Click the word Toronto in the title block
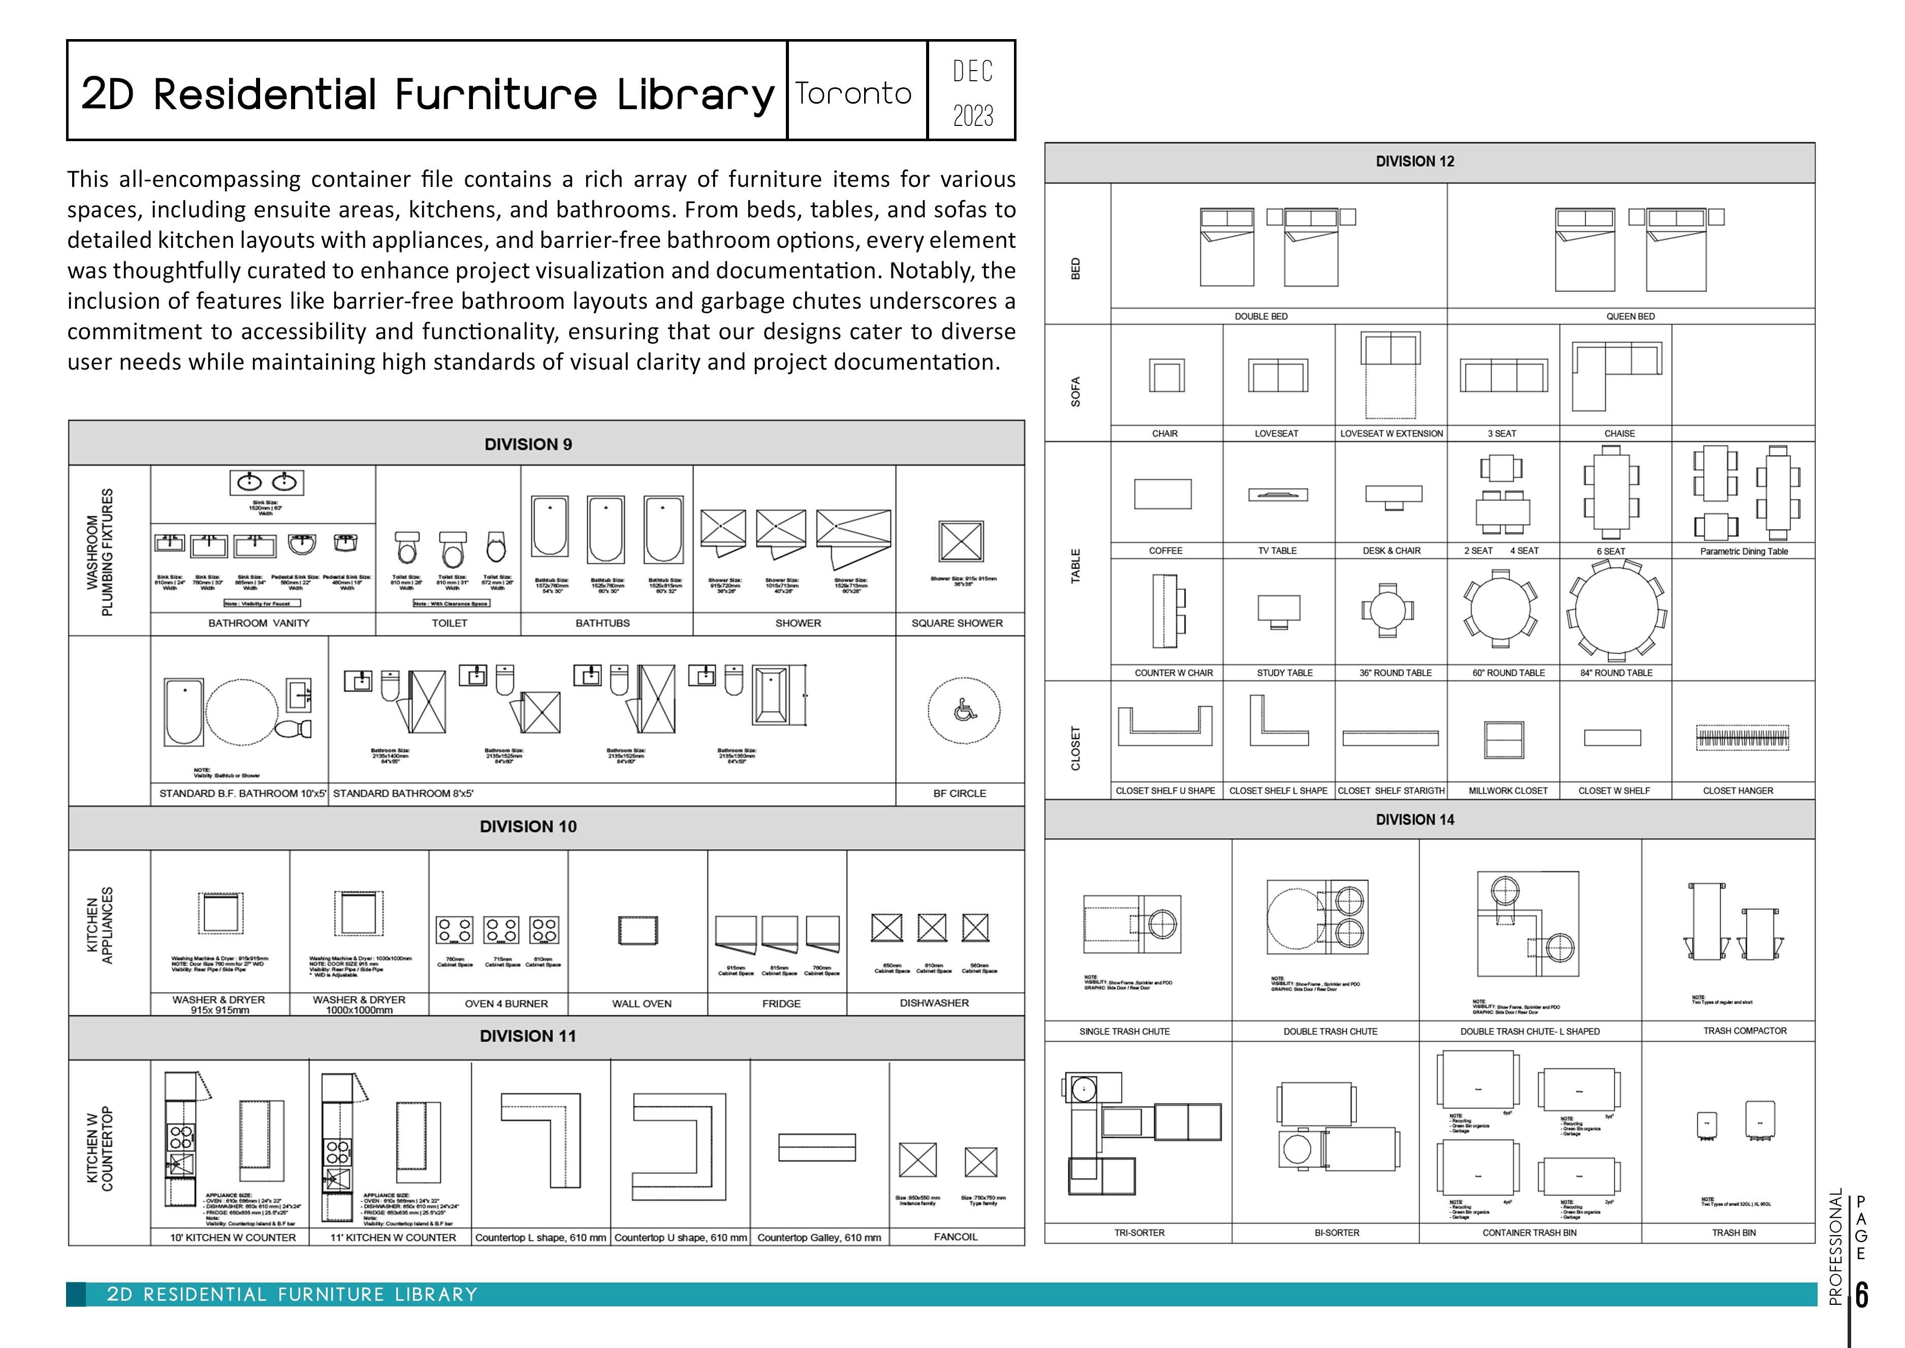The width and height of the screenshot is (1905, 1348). (x=853, y=93)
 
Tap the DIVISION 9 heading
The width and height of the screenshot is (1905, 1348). (x=528, y=444)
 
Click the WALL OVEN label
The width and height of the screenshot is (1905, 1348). (x=642, y=1004)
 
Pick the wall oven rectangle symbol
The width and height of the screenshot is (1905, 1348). (x=638, y=931)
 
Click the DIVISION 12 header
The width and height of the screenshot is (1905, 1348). (x=1415, y=161)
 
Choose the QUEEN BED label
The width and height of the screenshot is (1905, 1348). (x=1630, y=316)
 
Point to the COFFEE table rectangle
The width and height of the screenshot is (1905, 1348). (x=1163, y=494)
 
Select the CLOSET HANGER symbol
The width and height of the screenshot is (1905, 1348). (x=1742, y=737)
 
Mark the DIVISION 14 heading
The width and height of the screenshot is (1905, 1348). (x=1415, y=819)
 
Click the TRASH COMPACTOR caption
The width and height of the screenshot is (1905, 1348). (x=1745, y=1031)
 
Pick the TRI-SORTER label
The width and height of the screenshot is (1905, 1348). (x=1139, y=1233)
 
